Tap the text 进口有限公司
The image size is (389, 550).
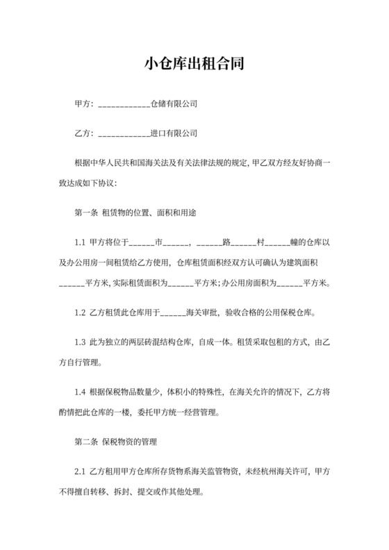click(174, 131)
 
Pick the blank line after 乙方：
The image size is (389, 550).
click(125, 131)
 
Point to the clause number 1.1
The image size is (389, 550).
click(79, 244)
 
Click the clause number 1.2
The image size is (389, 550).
click(79, 312)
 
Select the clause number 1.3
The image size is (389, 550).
click(79, 343)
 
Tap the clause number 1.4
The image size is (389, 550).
click(79, 392)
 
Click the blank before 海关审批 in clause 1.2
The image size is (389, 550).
click(174, 312)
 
